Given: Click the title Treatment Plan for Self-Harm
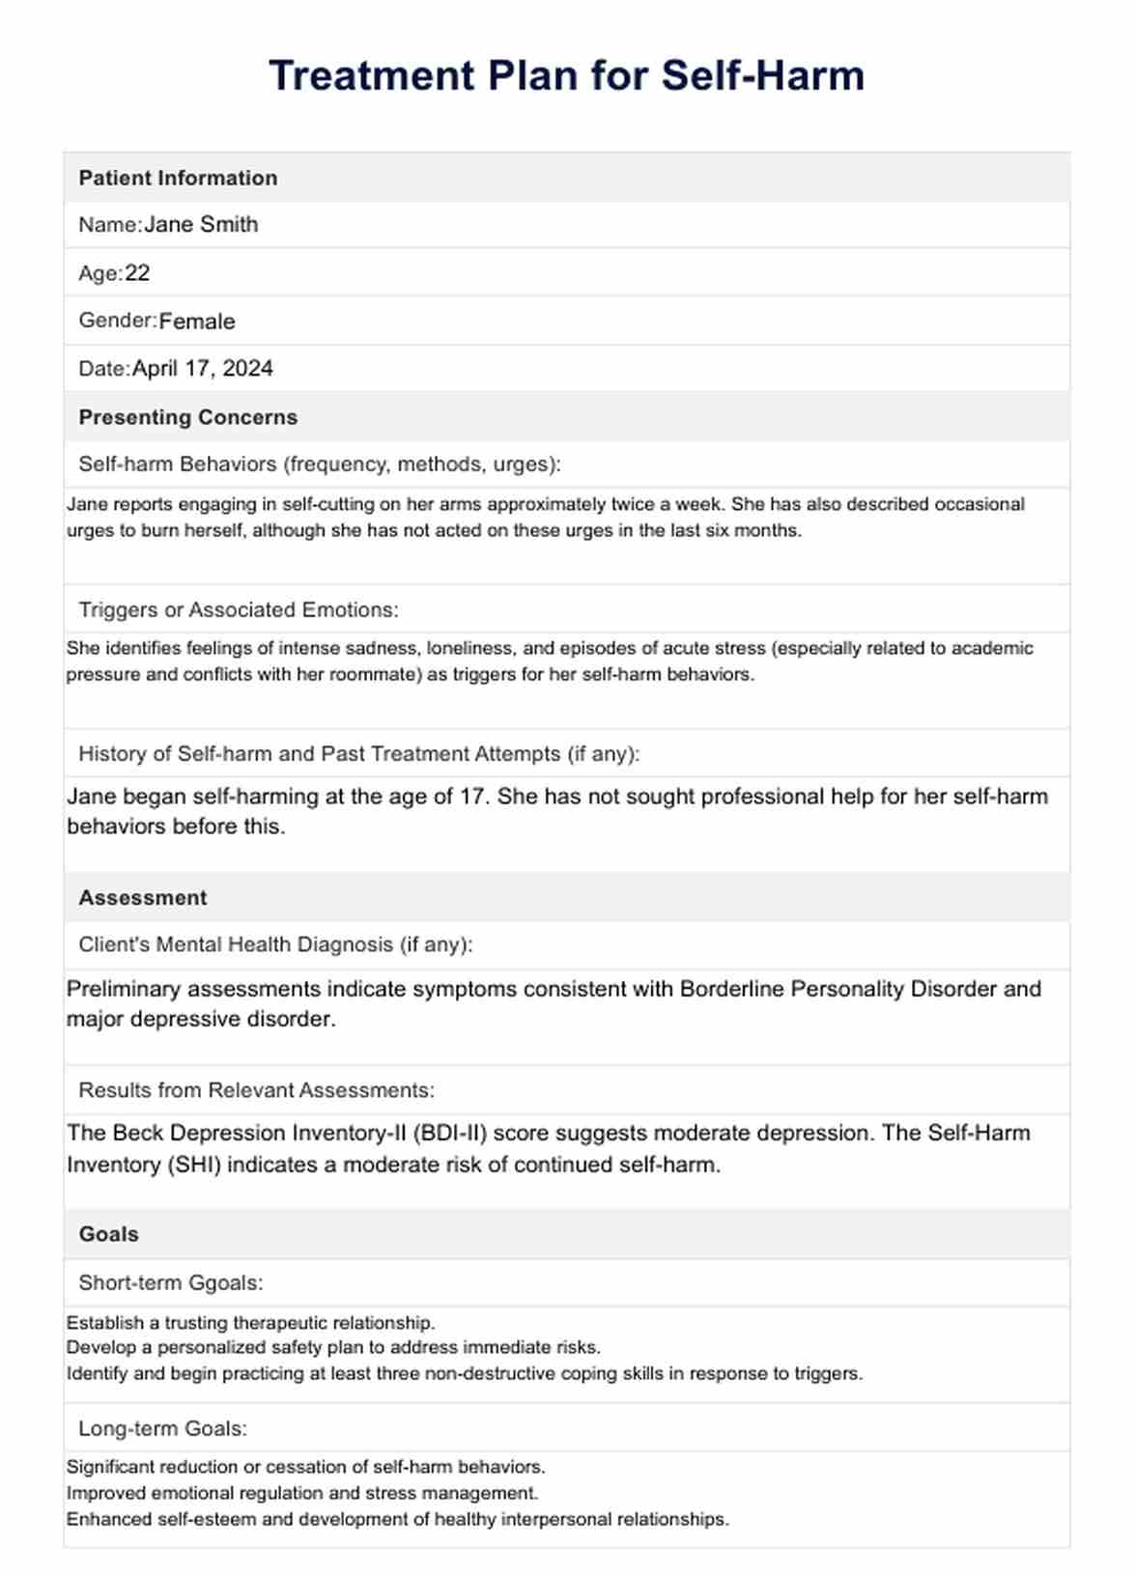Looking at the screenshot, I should tap(567, 75).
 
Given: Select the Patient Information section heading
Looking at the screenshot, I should tap(178, 178).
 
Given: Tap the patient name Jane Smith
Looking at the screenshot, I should tap(201, 225).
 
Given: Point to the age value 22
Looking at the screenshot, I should tap(137, 273).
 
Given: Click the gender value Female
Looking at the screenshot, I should tap(197, 322).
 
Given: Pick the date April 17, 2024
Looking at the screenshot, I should tap(203, 369).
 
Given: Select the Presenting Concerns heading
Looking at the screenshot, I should tap(187, 417).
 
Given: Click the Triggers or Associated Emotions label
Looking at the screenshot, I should tap(238, 609).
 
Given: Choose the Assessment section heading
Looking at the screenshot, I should tap(143, 898).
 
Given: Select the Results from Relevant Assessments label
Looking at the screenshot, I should tap(256, 1090).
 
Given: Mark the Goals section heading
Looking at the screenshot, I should tap(108, 1234).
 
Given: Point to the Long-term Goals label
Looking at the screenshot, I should tap(162, 1428).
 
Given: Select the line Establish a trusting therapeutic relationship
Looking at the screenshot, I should tap(250, 1323).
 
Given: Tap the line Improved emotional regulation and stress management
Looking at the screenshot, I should tap(301, 1493).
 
